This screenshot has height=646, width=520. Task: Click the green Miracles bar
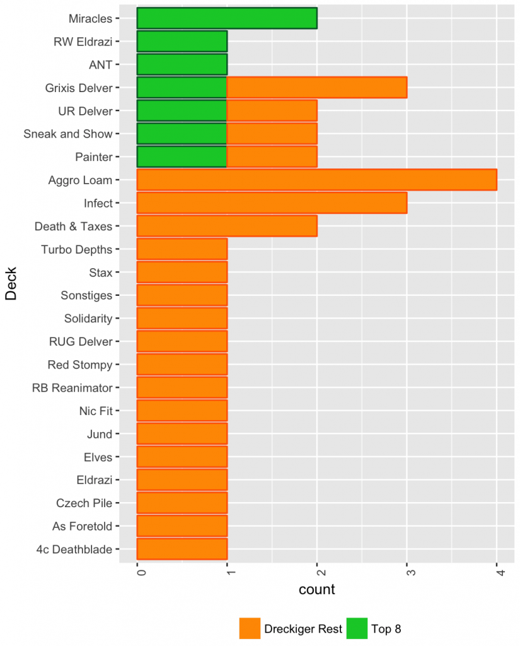[227, 18]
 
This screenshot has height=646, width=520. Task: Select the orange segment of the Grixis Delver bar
[316, 88]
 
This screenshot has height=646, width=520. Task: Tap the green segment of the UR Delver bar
[182, 111]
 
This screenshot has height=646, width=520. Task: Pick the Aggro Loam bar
[316, 180]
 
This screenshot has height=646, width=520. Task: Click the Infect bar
[272, 203]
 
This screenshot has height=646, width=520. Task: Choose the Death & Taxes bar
[227, 226]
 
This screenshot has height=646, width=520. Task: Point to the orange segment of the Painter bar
[272, 157]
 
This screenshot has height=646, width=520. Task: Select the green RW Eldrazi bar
[182, 42]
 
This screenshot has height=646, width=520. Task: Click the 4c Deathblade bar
[182, 549]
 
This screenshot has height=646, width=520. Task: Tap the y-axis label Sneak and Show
[67, 134]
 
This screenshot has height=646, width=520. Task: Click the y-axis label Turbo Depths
[76, 249]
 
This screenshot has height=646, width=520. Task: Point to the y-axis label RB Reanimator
[72, 387]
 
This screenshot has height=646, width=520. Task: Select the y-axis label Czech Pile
[84, 503]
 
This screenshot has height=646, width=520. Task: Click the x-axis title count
[316, 590]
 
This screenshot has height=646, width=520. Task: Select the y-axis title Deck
[11, 284]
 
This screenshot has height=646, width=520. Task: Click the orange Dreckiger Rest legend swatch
[249, 628]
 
